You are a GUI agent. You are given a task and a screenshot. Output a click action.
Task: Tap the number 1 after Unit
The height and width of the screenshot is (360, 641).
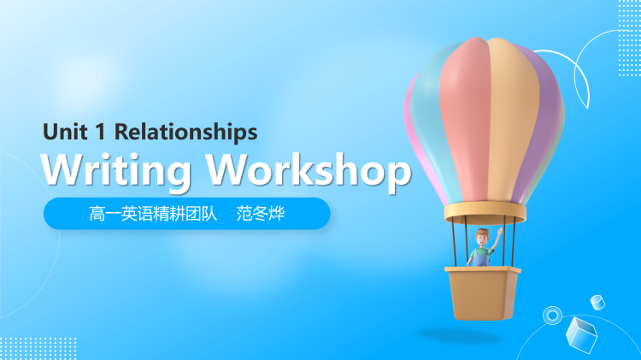click(99, 132)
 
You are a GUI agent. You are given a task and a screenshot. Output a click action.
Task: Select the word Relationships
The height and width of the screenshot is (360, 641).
click(185, 132)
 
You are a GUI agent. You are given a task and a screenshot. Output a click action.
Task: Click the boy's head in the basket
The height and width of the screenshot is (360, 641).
click(480, 236)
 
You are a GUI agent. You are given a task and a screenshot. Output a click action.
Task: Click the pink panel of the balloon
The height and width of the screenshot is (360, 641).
click(466, 111)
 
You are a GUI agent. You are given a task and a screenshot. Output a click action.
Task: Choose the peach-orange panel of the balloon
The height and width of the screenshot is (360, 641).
click(514, 111)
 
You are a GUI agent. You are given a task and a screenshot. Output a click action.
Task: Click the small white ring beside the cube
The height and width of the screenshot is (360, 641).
click(552, 316)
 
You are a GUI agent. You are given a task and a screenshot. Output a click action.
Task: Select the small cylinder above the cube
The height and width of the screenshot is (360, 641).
click(597, 301)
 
